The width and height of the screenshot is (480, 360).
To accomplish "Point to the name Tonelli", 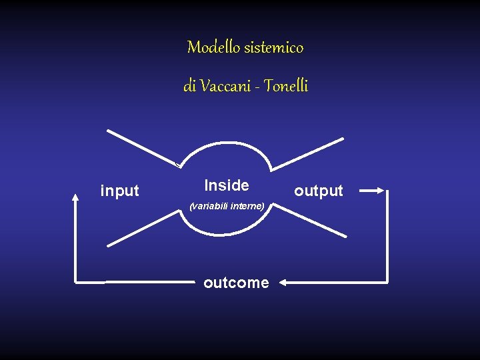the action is point(286,86).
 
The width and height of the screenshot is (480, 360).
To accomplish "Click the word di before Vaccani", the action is point(189,86).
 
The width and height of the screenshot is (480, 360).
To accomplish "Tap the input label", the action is point(119,191).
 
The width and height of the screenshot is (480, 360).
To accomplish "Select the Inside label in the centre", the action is point(227,185).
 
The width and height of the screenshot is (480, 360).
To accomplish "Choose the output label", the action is point(319,191).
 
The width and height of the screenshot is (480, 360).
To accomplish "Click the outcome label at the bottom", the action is point(236,283).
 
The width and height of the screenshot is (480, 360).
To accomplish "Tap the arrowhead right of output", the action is point(382,191).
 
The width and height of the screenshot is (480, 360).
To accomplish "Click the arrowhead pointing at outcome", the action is point(282,283).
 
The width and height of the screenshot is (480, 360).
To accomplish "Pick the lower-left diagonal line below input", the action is point(141,231).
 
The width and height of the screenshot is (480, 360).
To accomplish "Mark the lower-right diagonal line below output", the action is point(311,221).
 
